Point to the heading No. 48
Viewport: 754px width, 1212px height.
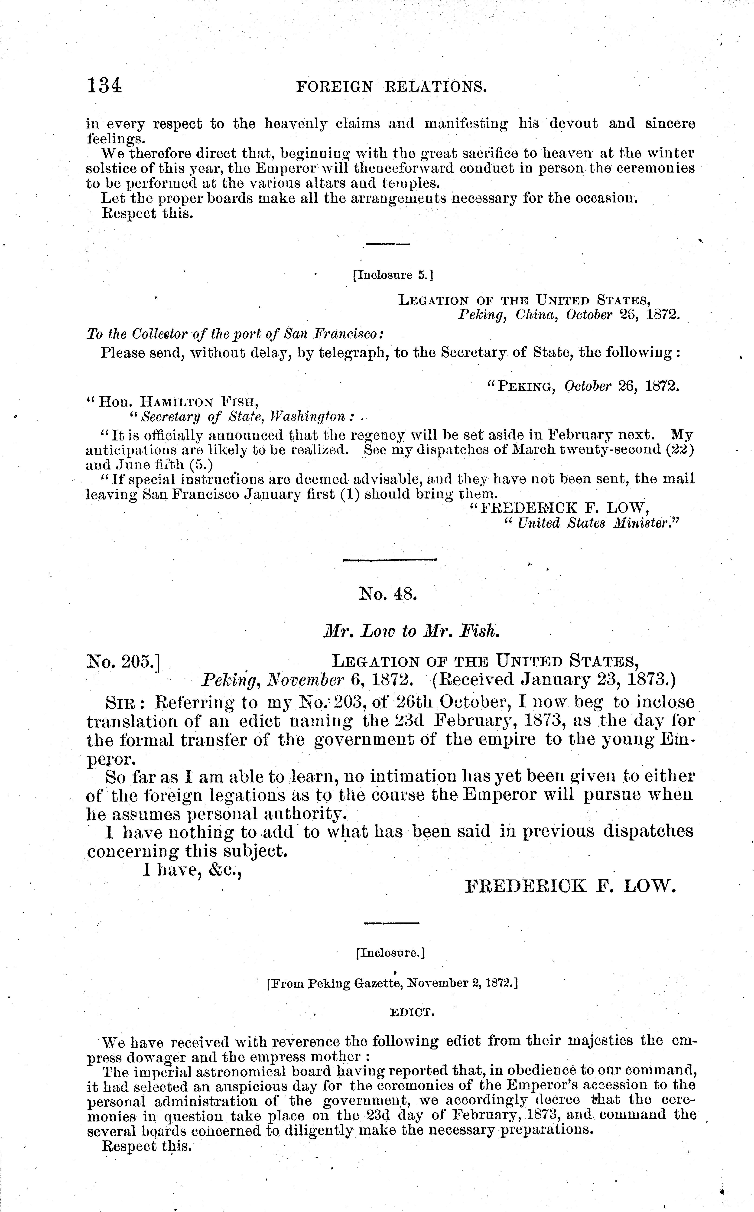pos(387,594)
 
